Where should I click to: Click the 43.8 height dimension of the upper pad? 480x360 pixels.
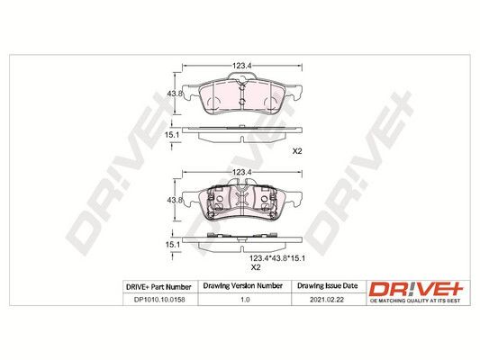(x=175, y=94)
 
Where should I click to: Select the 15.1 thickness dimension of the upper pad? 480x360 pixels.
(x=172, y=135)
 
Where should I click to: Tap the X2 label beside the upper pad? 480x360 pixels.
(x=297, y=151)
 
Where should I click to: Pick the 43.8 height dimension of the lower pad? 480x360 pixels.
(x=175, y=201)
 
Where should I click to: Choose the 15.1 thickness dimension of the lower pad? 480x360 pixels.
(x=172, y=245)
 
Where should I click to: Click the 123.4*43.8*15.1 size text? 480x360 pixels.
(x=277, y=258)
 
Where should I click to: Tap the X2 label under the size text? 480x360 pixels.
(x=256, y=267)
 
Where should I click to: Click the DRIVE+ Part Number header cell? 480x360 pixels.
(x=158, y=287)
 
